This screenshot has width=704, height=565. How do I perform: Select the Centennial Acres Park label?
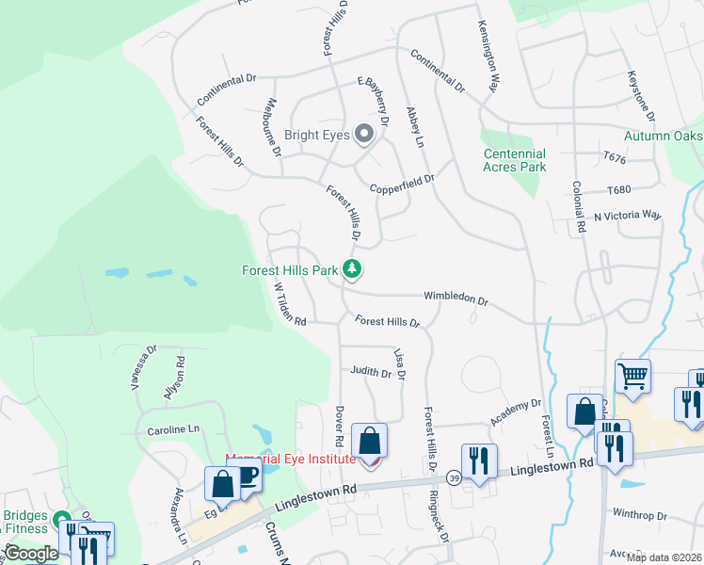pos(514,160)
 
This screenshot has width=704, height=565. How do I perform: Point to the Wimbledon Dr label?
pos(456,299)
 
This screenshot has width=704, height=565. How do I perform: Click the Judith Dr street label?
pos(370,373)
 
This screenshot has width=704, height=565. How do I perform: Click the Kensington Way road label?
pos(487,56)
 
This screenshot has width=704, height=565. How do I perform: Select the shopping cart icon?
pos(632,376)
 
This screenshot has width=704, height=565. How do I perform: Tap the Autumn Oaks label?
pos(664,136)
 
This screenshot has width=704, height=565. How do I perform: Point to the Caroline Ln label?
pos(174,429)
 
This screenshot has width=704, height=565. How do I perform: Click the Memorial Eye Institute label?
pos(290,459)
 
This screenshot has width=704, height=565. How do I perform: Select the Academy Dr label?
pos(517,412)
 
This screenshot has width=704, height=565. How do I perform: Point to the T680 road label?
pos(618,189)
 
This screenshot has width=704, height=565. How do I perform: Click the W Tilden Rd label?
pos(289,302)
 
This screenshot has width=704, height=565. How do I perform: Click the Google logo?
pos(31,554)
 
